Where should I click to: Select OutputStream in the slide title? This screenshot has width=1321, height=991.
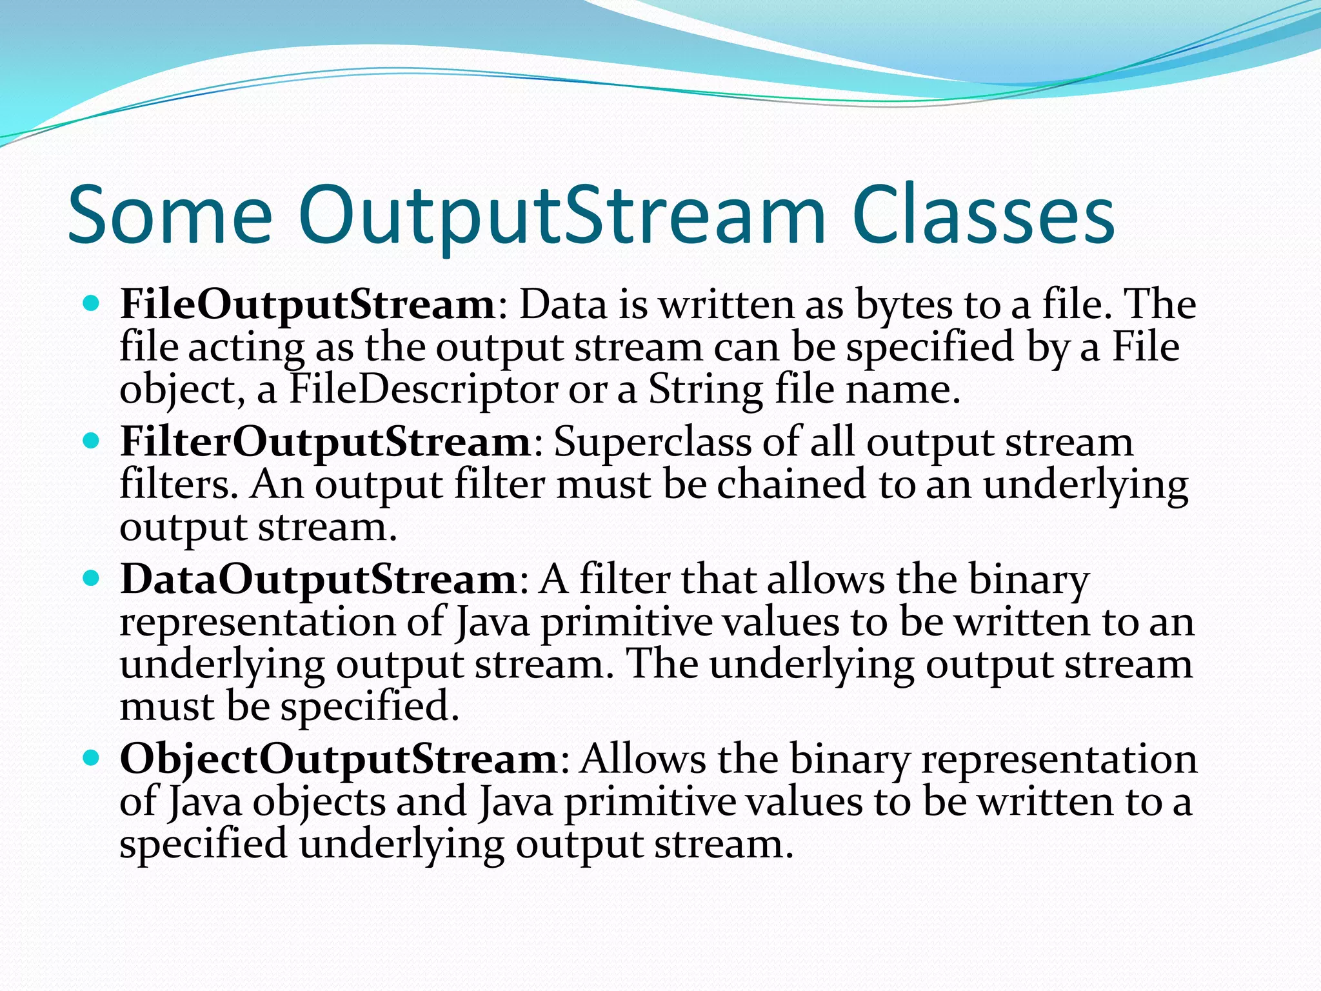pos(561,216)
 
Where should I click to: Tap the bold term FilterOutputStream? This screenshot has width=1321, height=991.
pos(326,443)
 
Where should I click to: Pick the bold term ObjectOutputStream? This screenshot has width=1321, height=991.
pos(339,759)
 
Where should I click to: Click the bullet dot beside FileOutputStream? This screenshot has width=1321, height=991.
pos(92,303)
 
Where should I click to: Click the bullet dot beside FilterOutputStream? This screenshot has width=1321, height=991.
pos(92,441)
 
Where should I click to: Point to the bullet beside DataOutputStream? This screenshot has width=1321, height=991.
pos(92,577)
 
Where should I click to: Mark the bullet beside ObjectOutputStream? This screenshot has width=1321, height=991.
pos(92,757)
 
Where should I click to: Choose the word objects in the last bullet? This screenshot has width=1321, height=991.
pos(319,803)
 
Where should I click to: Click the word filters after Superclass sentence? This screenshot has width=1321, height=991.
pos(174,485)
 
